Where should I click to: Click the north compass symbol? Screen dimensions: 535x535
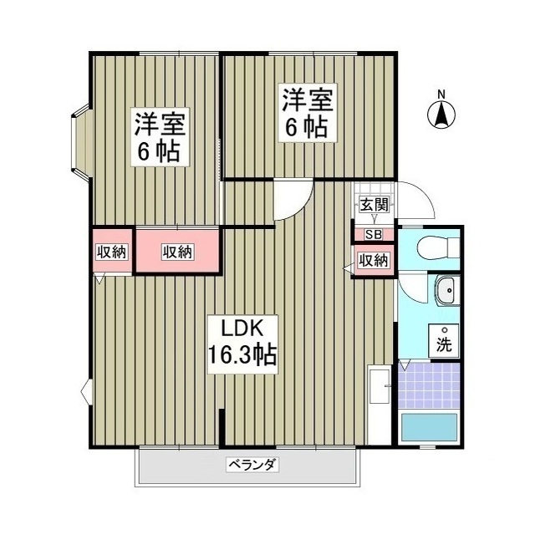point(441,115)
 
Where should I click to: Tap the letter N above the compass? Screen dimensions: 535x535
point(441,93)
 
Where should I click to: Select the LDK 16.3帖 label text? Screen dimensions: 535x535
point(242,343)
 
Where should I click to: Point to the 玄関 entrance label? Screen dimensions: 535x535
point(374,205)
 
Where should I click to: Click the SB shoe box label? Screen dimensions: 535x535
point(373,235)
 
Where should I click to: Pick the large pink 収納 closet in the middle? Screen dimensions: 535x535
point(177,251)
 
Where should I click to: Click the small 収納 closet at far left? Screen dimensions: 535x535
point(110,251)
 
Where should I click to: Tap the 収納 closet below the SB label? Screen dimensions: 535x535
point(374,260)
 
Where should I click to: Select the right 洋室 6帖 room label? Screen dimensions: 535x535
point(307,114)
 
